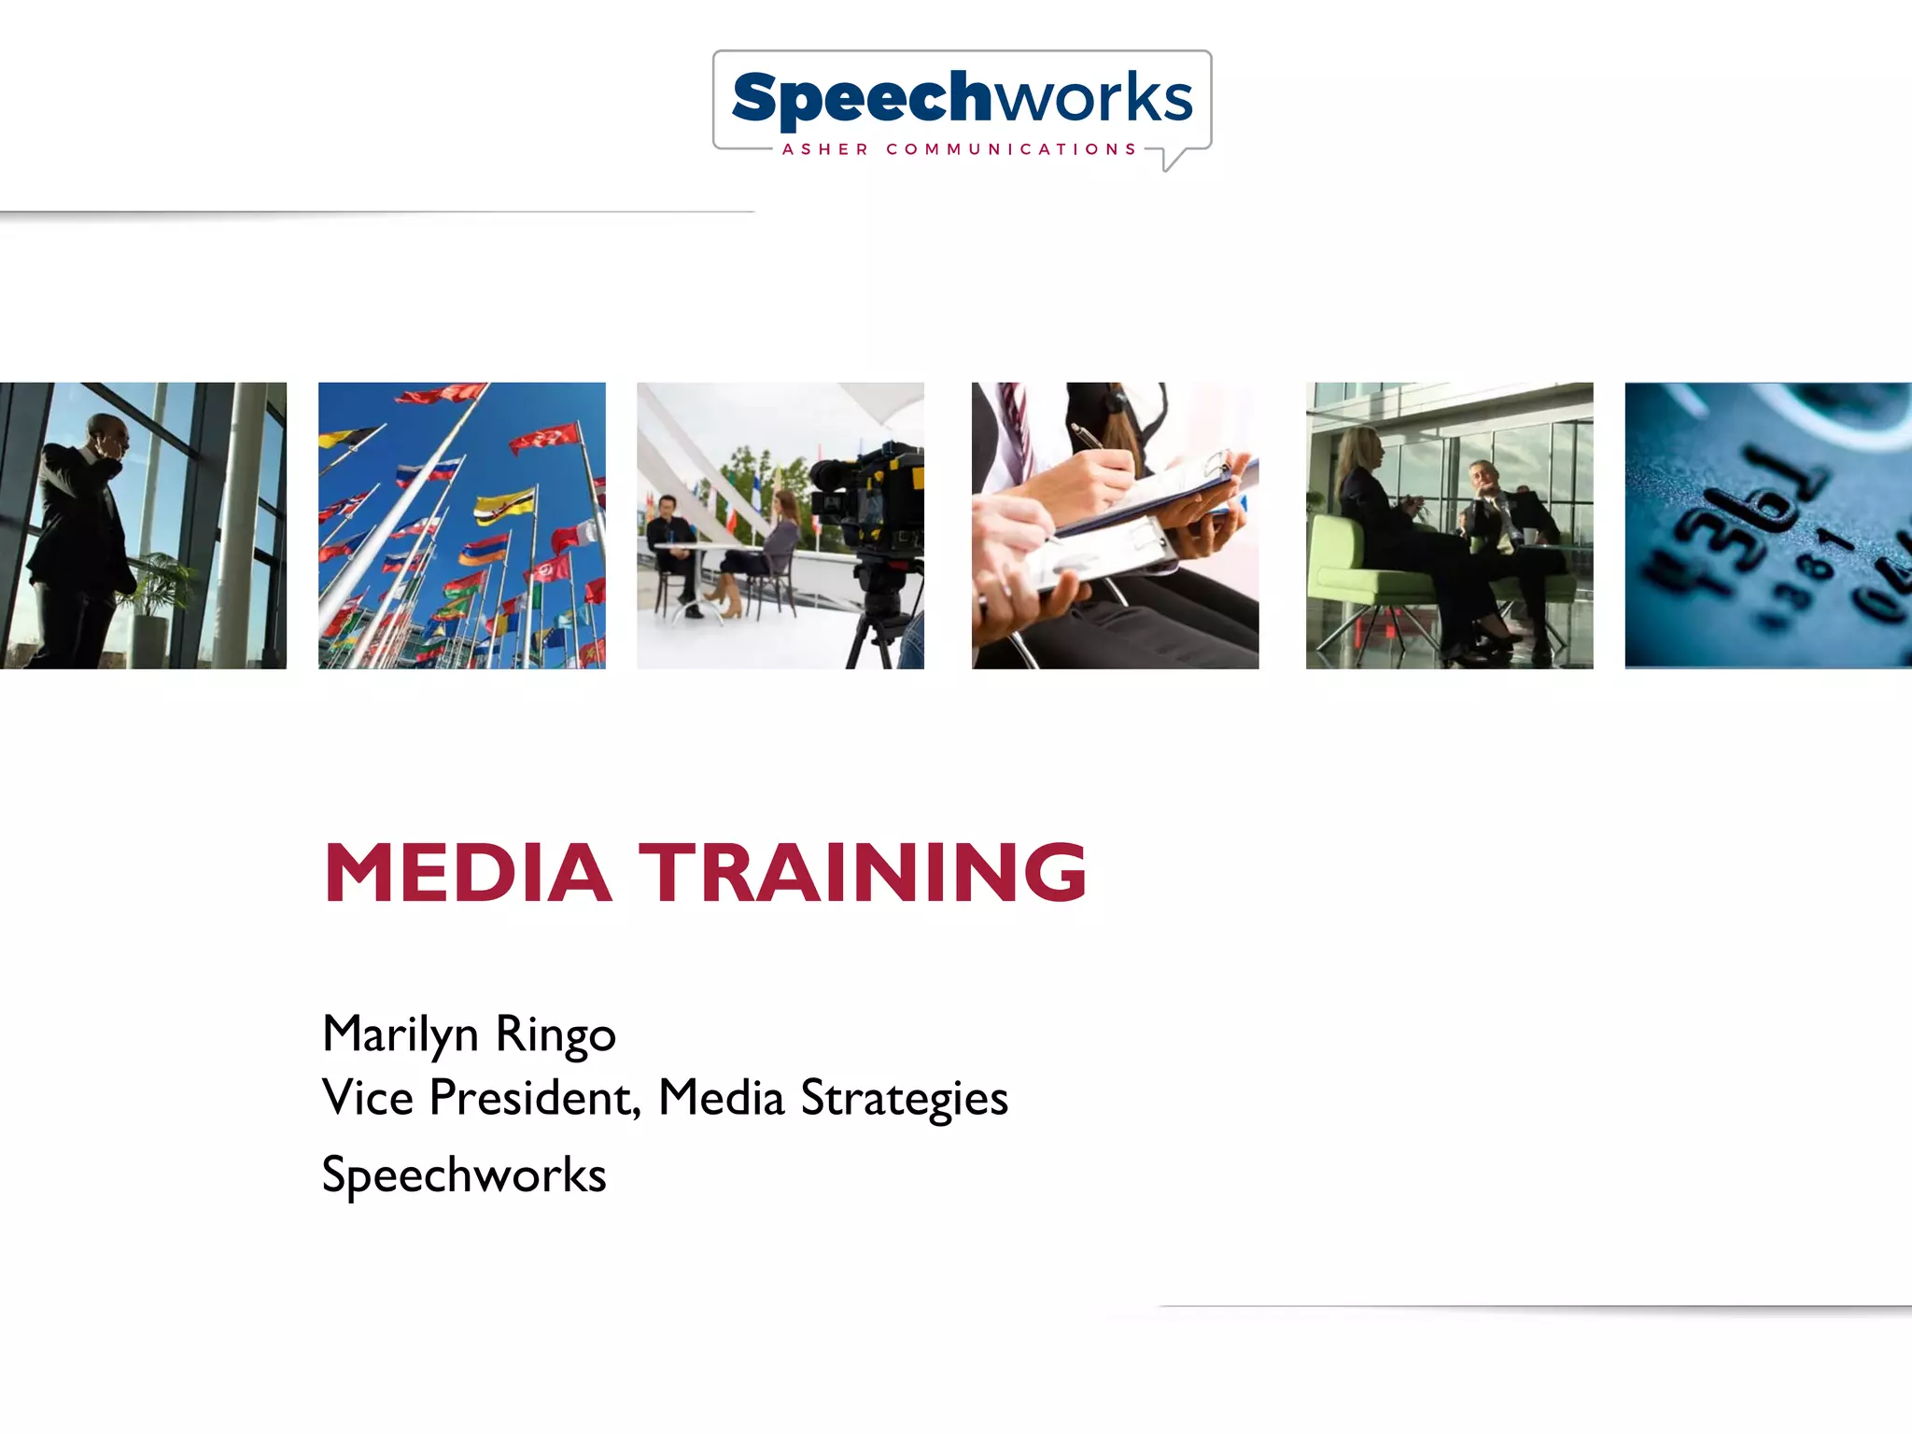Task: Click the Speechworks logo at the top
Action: click(962, 98)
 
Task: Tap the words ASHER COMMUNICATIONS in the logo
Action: click(959, 149)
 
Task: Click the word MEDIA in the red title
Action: click(467, 873)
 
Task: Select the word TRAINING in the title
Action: click(864, 873)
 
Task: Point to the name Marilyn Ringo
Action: click(469, 1034)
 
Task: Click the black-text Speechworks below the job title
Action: click(464, 1174)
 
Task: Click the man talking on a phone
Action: click(84, 523)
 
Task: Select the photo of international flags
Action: click(461, 525)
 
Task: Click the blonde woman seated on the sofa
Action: click(1372, 504)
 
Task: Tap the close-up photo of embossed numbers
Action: click(1767, 525)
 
